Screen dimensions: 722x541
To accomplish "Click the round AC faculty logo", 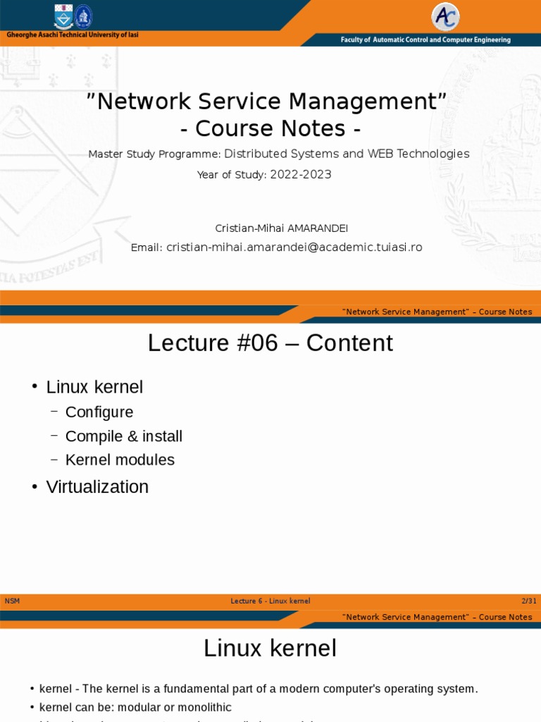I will tap(445, 17).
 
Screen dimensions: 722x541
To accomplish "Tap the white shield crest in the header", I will tap(64, 16).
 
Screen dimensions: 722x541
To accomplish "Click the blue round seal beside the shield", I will tap(84, 16).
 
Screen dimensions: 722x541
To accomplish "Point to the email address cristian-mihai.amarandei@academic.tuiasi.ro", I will tap(294, 247).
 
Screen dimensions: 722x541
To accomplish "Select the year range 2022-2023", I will tap(301, 175).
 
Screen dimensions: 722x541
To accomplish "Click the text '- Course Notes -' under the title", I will tap(270, 129).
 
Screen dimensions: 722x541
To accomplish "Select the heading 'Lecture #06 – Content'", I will tap(270, 343).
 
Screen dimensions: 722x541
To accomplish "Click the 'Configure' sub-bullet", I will tap(99, 412).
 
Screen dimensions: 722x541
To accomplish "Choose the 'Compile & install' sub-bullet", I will tap(123, 436).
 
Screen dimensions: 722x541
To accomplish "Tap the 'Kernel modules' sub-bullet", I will tap(120, 460).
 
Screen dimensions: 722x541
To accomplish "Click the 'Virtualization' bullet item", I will tap(97, 487).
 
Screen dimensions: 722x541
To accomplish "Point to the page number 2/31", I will tap(528, 601).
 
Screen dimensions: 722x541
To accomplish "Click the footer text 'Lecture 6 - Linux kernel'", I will tap(270, 601).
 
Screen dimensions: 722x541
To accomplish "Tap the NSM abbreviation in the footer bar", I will tap(12, 601).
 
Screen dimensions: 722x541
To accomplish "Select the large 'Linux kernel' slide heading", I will tap(270, 648).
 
